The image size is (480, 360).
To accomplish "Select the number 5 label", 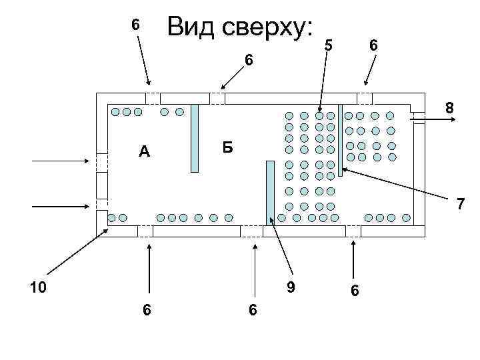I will coord(327,46).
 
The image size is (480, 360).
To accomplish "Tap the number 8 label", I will coord(450,107).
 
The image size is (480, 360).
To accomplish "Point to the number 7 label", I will coord(460,205).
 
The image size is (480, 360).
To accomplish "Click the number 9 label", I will coord(290,288).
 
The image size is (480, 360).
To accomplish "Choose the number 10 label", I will coord(38,287).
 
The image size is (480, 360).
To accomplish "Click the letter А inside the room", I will coord(144,152).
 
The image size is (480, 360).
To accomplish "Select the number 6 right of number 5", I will coord(374,45).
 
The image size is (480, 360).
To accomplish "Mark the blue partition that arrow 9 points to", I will coord(270,191).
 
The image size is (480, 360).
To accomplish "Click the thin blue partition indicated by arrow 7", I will coord(340,139).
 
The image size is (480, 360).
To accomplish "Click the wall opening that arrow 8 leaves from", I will coord(418,118).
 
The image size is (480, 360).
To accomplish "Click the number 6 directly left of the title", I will coord(135,25).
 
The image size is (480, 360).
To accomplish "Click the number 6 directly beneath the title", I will coord(248,61).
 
